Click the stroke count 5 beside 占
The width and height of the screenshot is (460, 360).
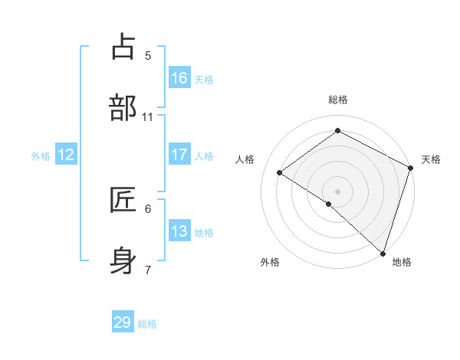(148, 55)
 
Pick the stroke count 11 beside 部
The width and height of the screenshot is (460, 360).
(148, 116)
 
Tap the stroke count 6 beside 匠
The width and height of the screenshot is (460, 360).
(148, 208)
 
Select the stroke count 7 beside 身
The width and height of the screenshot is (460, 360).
(148, 269)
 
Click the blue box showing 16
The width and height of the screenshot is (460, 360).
(179, 78)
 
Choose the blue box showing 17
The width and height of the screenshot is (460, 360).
(179, 155)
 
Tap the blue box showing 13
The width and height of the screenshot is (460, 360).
(179, 231)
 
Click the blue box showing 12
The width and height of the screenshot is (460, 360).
(66, 155)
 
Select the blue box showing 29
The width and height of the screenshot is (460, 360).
(123, 322)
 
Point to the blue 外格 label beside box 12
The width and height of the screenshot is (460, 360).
(41, 155)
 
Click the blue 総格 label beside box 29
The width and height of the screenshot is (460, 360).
(147, 324)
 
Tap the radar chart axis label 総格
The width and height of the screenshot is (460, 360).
(337, 100)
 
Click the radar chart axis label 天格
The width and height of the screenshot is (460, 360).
(431, 159)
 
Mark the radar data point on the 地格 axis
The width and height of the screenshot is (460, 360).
(383, 253)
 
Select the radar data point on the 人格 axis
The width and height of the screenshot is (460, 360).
(280, 172)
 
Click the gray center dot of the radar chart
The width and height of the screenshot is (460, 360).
(337, 190)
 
